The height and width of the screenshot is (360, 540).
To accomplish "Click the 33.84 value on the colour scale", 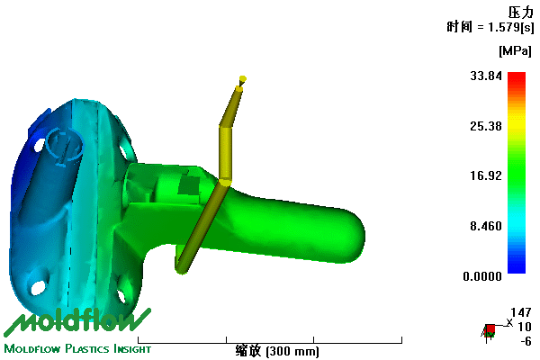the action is coord(486,76).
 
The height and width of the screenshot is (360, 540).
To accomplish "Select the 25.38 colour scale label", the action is coord(486,126).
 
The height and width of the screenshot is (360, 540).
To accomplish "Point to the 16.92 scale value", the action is coord(486,175).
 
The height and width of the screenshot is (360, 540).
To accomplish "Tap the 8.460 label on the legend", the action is coord(486,226).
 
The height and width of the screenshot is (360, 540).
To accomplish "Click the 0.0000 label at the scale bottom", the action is coord(482,276).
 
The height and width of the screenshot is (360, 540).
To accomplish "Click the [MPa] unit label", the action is coord(515,51).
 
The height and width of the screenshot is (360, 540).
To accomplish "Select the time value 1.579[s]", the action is coord(511,27).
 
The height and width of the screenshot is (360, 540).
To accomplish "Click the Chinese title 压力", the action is coord(521,13).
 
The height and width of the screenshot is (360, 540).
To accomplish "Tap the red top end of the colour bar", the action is coord(517,75).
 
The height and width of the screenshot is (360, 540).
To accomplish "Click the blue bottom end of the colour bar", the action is coord(517,269).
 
